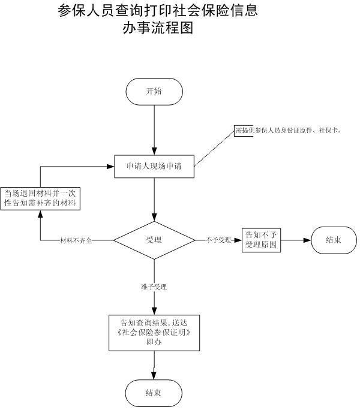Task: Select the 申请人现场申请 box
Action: [155, 167]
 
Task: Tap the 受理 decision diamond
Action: [154, 240]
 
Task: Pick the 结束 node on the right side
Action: [334, 240]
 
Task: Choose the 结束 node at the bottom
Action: [153, 393]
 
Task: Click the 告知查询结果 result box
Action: [154, 332]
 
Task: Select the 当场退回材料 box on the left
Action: [41, 198]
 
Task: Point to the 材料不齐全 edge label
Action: [76, 240]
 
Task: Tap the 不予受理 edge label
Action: [218, 240]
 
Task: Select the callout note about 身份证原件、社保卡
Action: [287, 131]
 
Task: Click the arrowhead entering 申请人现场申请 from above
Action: [154, 152]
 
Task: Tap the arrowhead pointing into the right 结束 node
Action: [307, 240]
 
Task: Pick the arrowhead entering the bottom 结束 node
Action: [154, 375]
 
